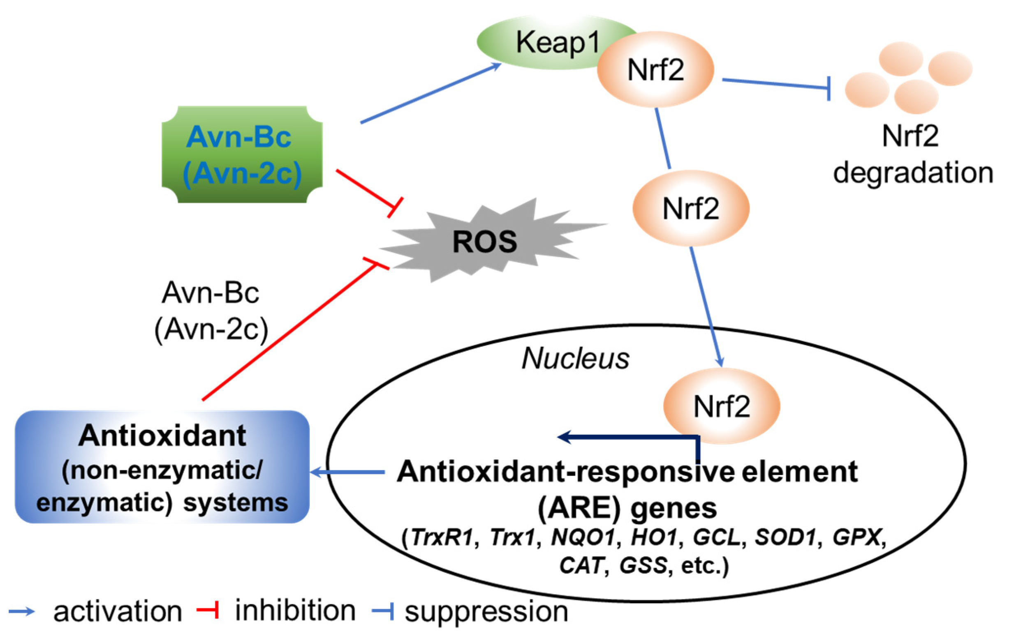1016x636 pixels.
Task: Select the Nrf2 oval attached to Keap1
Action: click(x=655, y=70)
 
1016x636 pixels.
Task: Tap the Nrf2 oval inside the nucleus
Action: click(x=721, y=406)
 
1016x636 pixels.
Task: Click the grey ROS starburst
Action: click(x=484, y=242)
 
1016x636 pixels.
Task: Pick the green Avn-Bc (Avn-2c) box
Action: click(x=242, y=154)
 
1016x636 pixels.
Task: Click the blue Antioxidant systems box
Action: click(x=162, y=467)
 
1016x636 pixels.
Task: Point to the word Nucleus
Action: click(x=575, y=359)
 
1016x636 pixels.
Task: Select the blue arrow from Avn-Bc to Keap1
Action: click(x=429, y=94)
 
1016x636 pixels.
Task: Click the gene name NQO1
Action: click(x=583, y=537)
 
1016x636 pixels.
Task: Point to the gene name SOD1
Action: click(x=785, y=537)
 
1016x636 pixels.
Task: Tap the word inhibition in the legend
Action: click(x=295, y=611)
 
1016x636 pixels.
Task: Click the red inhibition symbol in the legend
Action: click(x=208, y=610)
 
